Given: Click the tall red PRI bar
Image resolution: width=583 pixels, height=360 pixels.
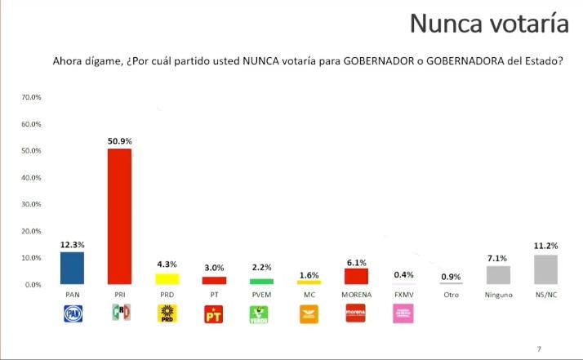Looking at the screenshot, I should (x=119, y=216).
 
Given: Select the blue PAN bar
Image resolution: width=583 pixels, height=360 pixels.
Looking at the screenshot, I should (x=72, y=268).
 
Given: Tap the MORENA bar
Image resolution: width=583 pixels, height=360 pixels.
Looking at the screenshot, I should (x=356, y=277).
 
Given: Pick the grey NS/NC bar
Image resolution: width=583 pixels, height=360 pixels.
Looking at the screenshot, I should (x=545, y=269).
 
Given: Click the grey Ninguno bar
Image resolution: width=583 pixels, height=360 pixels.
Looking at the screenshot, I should (x=498, y=275).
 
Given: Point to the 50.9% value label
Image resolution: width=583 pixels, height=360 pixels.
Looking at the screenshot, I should (x=119, y=140).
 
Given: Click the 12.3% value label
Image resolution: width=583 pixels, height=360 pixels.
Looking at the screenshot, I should (x=72, y=244).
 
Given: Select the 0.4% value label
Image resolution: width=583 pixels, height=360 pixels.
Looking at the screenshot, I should (x=403, y=274).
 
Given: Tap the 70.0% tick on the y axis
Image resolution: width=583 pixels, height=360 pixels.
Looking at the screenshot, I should (x=31, y=97).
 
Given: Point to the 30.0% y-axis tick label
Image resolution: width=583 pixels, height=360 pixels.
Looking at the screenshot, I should (x=31, y=204).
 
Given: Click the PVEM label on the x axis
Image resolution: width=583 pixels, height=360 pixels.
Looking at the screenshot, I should (x=261, y=294).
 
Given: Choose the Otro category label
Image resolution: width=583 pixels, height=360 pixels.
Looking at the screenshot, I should (x=451, y=294).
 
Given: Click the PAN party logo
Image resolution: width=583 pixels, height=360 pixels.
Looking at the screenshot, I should (x=73, y=313).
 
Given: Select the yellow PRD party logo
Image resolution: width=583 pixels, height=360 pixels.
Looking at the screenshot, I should (x=167, y=313).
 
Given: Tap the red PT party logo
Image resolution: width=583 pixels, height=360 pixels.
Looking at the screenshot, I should (x=215, y=313).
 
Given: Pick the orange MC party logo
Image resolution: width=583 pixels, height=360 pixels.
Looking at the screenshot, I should (x=309, y=313).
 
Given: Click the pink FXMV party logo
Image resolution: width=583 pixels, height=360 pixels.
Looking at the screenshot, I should (x=403, y=313).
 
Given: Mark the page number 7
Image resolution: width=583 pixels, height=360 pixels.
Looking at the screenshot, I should (x=538, y=347).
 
